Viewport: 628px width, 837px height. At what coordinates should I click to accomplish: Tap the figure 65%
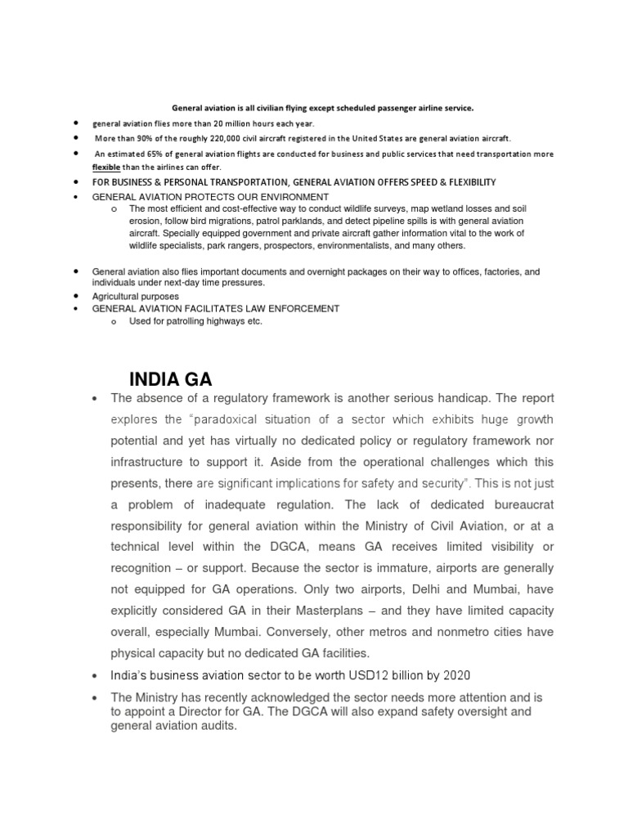click(x=142, y=154)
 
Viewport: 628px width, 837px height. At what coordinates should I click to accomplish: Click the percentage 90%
click(x=147, y=138)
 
